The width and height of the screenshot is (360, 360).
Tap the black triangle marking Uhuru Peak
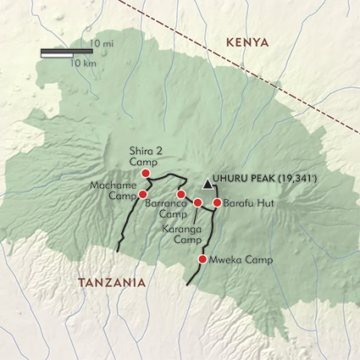click(x=208, y=183)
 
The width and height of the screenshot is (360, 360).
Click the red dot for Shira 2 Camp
click(x=145, y=174)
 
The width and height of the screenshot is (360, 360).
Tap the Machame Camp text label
click(x=109, y=191)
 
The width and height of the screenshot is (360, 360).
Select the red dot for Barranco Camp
click(x=181, y=194)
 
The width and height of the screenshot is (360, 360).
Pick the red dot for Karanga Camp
click(x=198, y=202)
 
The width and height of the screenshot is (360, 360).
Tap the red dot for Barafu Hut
click(x=217, y=203)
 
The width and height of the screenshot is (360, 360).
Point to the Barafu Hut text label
click(x=246, y=203)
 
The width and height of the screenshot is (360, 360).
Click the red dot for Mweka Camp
click(x=202, y=259)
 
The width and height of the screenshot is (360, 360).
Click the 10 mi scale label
click(x=103, y=42)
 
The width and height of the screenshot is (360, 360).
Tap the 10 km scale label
click(x=82, y=63)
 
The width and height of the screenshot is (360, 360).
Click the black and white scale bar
click(x=66, y=53)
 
